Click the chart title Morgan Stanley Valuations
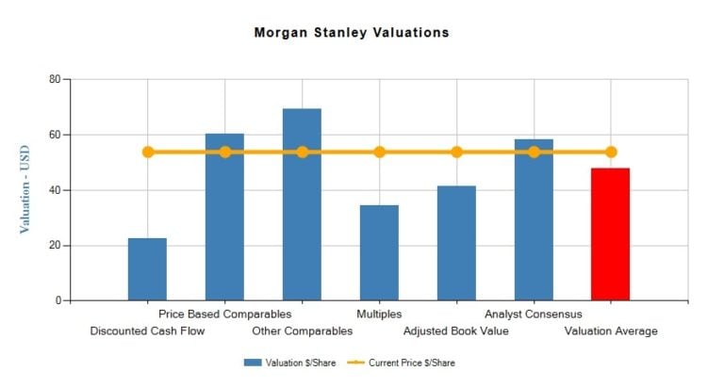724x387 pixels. (x=352, y=33)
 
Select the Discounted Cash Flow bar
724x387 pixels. (x=147, y=269)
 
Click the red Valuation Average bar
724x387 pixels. (x=610, y=234)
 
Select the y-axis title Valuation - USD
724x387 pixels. (x=25, y=189)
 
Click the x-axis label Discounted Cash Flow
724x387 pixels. (x=147, y=331)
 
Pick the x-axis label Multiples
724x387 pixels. (x=379, y=314)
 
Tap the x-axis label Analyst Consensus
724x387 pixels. (x=534, y=314)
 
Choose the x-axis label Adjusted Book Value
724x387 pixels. (x=456, y=331)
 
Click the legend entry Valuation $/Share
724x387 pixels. (x=284, y=363)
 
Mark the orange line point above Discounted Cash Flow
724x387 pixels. (x=147, y=152)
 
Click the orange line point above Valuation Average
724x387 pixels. (x=611, y=152)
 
